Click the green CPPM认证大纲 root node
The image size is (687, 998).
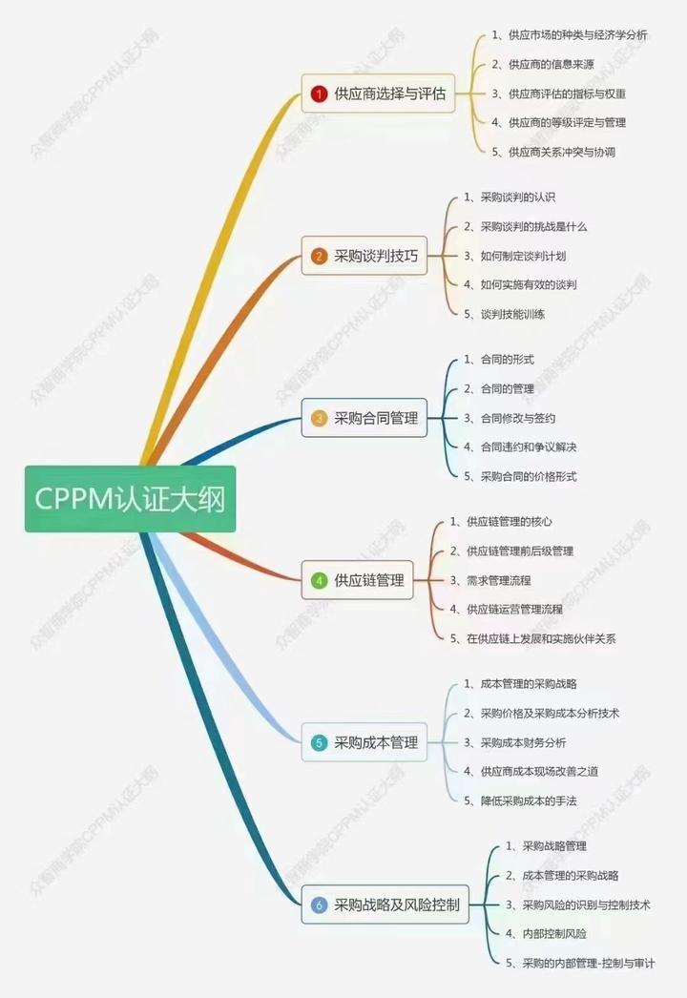130,498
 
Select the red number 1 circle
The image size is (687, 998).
320,94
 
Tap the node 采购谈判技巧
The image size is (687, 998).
366,256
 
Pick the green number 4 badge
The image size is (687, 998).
320,580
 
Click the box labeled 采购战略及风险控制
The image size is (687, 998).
387,904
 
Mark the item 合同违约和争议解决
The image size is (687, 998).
529,447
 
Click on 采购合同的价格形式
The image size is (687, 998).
528,476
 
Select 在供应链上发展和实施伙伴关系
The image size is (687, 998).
540,638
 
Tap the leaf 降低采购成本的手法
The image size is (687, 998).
528,800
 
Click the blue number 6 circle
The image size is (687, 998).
320,904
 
